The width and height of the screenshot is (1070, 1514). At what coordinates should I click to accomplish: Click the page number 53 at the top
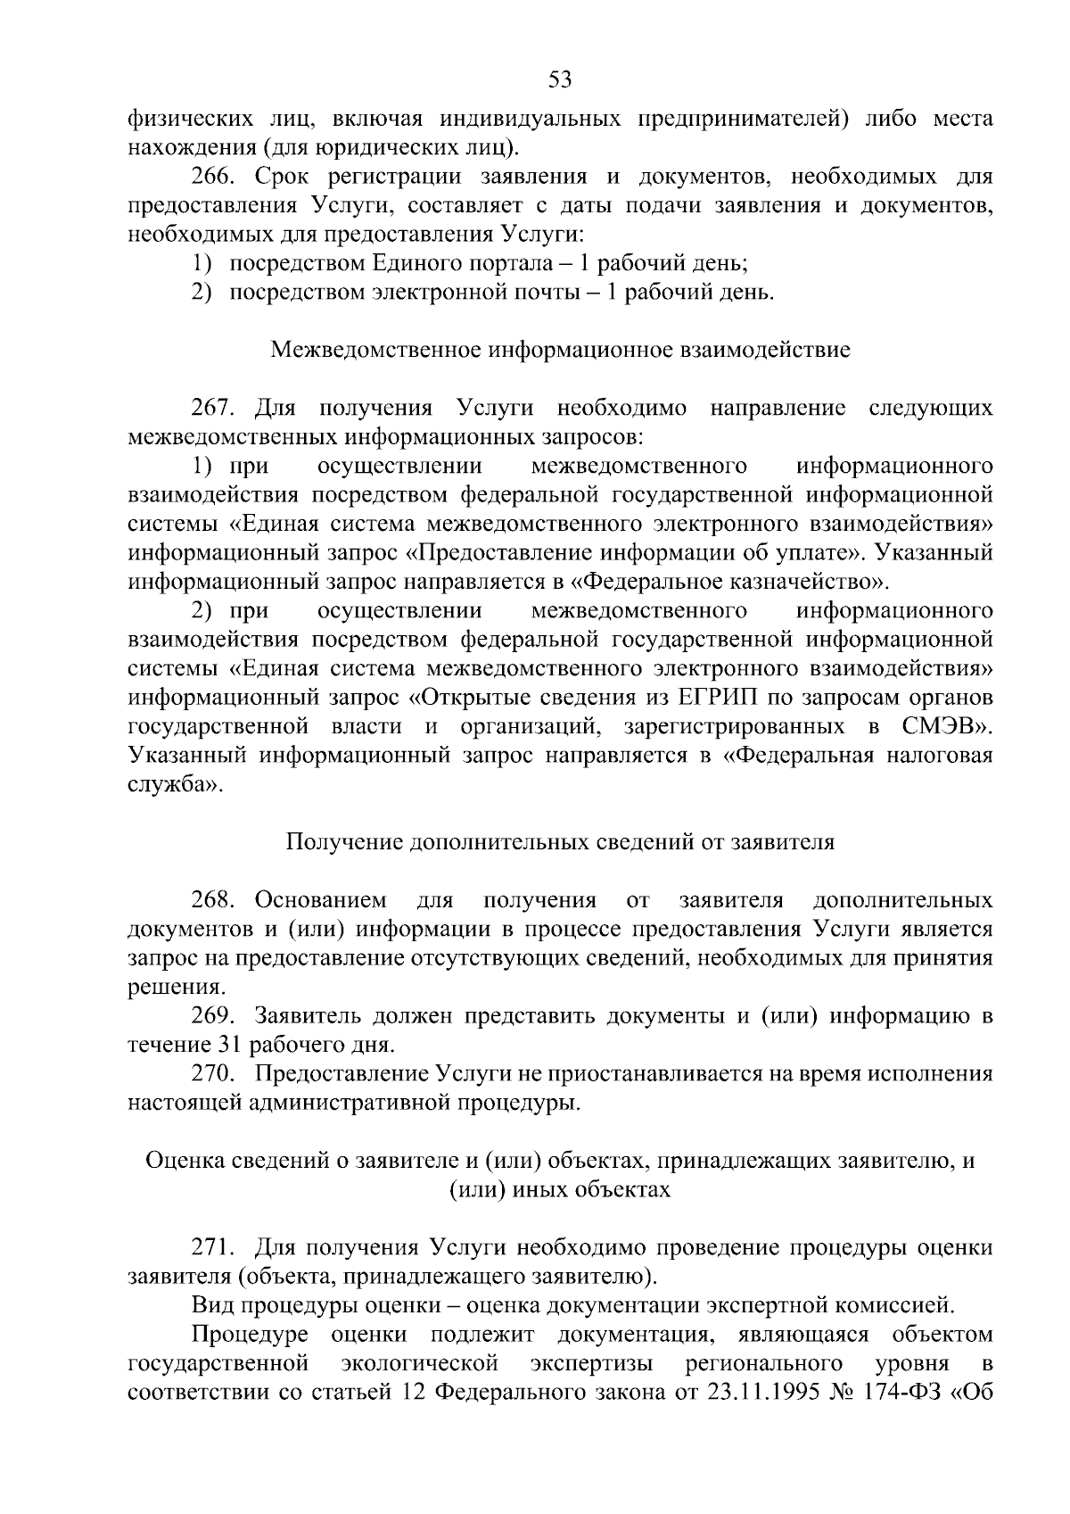pos(559,80)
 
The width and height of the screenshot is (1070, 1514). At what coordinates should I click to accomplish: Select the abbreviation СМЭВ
pos(939,726)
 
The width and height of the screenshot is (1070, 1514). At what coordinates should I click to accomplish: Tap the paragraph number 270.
pos(214,1073)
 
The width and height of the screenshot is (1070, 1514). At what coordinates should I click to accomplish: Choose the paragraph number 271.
pos(214,1247)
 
